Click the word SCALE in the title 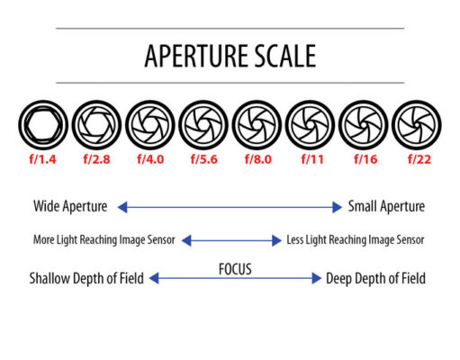click(x=284, y=56)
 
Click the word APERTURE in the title click(x=196, y=56)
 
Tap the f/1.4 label click(x=42, y=159)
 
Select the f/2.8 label click(x=96, y=159)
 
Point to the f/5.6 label click(x=204, y=159)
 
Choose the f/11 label click(x=312, y=159)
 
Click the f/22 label click(x=419, y=159)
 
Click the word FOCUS click(x=235, y=269)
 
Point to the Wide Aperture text click(x=70, y=207)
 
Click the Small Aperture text click(x=386, y=207)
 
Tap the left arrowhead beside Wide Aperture click(x=122, y=207)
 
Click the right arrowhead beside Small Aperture click(x=338, y=207)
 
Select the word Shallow click(x=50, y=278)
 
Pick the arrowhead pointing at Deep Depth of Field click(x=317, y=278)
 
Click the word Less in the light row click(x=294, y=239)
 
